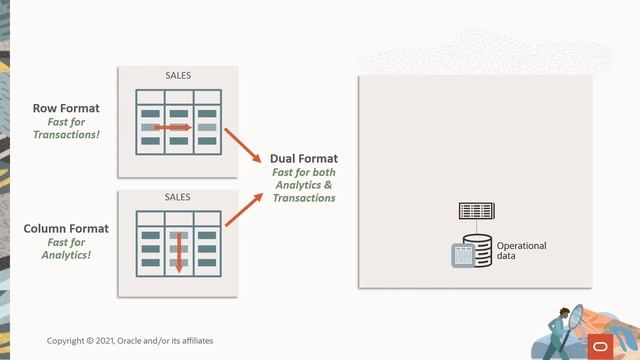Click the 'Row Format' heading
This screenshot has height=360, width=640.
click(x=66, y=108)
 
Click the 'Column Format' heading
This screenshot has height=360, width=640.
click(x=66, y=229)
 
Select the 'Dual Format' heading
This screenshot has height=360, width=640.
click(x=304, y=158)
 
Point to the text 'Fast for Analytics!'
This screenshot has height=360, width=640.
click(x=66, y=248)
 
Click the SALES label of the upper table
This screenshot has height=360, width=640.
click(x=178, y=76)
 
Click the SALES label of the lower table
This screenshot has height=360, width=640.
click(x=178, y=197)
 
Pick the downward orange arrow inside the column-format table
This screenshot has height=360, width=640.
click(x=179, y=251)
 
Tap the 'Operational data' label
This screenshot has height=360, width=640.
click(x=521, y=250)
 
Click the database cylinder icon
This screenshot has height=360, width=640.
click(x=477, y=250)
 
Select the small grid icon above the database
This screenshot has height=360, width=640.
click(x=477, y=210)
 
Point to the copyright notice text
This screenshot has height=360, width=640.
click(x=130, y=341)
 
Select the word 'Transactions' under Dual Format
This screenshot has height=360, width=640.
click(x=304, y=198)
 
